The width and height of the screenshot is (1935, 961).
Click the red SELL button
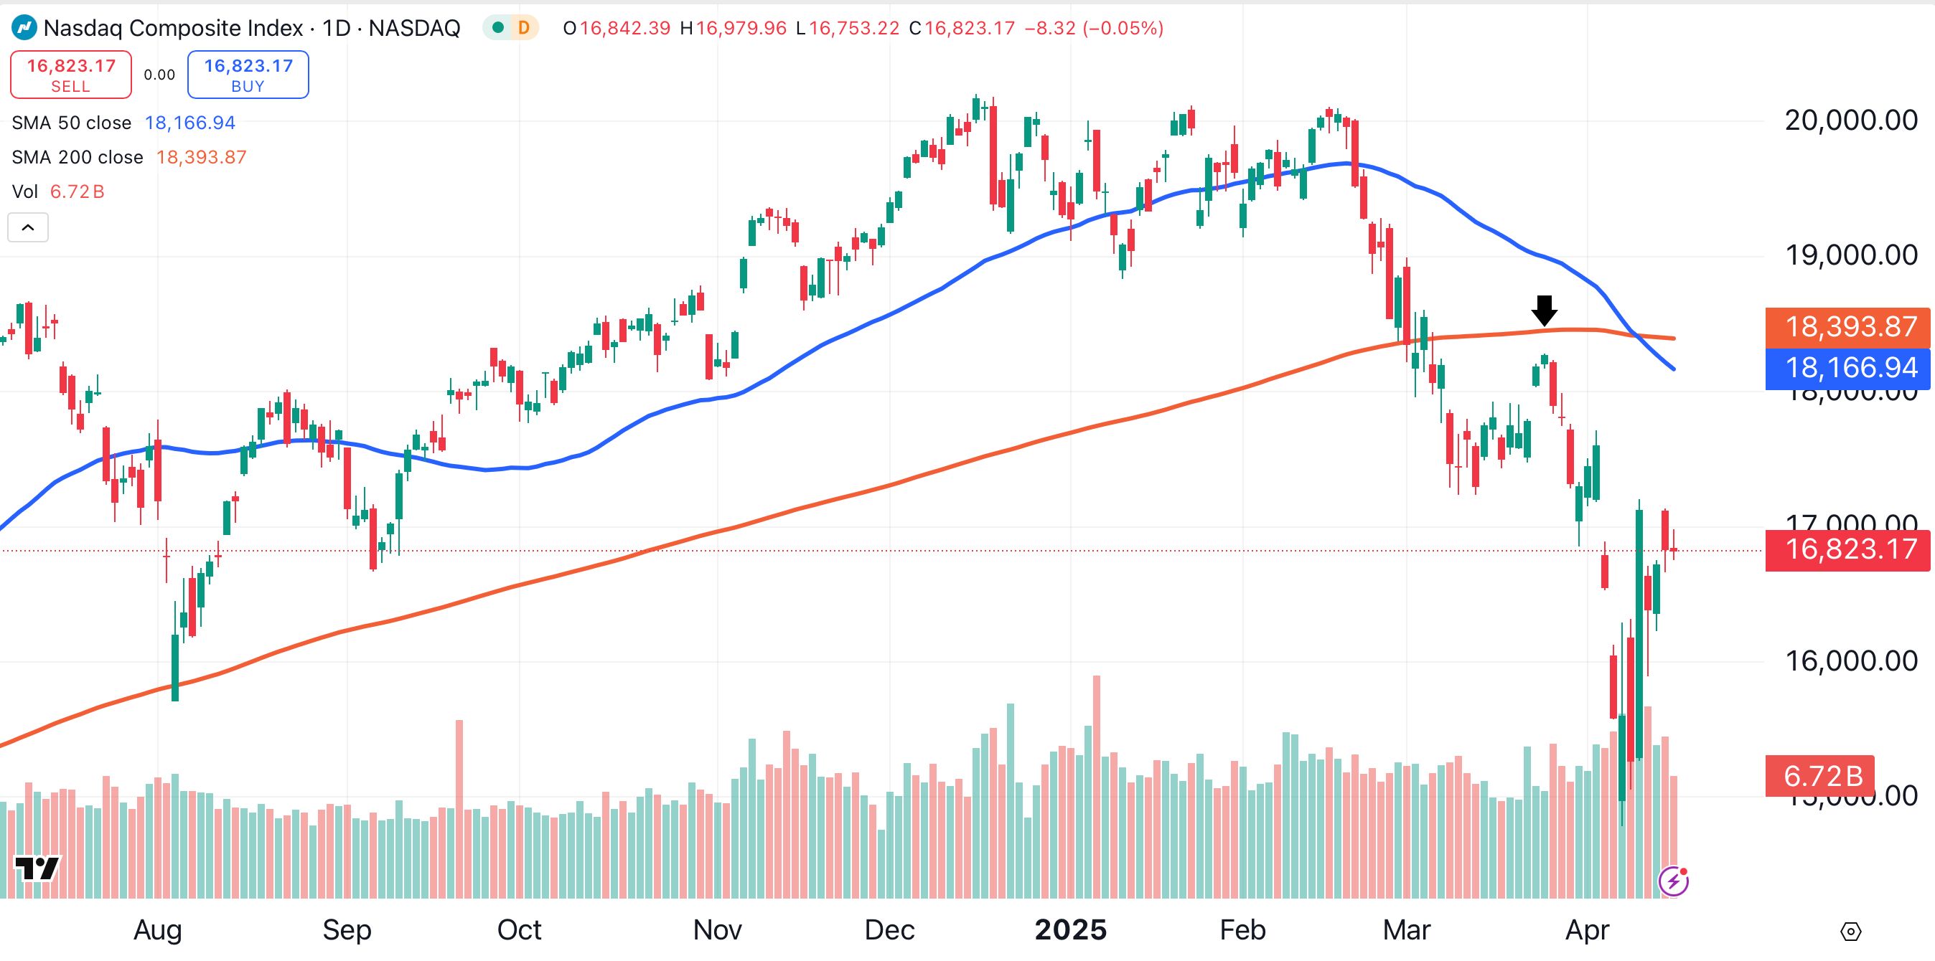coord(70,75)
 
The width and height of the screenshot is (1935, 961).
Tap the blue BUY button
coord(248,75)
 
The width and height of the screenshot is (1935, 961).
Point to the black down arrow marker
coord(1545,310)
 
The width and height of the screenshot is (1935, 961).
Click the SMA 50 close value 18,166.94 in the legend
coord(190,123)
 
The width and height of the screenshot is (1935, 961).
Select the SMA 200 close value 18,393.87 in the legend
coord(201,157)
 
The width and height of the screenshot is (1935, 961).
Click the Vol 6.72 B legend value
coord(77,191)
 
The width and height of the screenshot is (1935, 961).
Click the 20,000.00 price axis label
coord(1850,120)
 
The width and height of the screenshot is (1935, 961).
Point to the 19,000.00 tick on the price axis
coord(1850,255)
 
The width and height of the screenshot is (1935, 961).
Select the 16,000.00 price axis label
coord(1850,661)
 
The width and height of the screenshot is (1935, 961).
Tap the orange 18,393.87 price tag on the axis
coord(1847,327)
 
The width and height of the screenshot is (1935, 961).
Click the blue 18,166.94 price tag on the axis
coord(1847,368)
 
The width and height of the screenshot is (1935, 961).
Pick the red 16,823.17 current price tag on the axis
coord(1847,549)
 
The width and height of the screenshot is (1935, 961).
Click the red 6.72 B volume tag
coord(1822,775)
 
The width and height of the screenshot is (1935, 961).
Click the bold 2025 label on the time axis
coord(1070,929)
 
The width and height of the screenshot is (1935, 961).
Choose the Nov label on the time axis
coord(717,929)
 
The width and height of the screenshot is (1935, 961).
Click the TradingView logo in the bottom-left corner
coord(37,868)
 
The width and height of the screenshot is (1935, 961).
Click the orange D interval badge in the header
coord(523,28)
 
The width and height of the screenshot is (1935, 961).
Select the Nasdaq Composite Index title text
coord(173,28)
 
